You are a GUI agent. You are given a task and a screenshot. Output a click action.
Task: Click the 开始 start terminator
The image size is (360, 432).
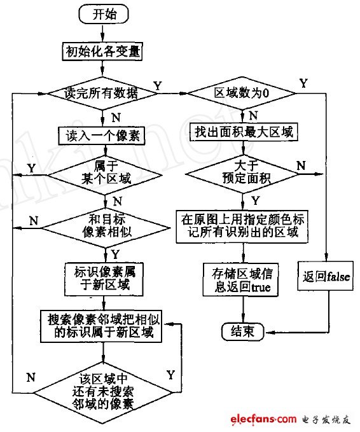point(102,13)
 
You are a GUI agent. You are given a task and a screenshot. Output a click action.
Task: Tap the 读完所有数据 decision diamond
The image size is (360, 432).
point(102,93)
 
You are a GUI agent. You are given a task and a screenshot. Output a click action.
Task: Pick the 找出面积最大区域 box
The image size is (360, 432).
point(244,132)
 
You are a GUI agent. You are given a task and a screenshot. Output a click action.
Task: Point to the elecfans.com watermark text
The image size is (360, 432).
point(259,419)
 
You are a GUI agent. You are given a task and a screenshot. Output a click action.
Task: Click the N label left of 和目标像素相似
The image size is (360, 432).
point(34,219)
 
